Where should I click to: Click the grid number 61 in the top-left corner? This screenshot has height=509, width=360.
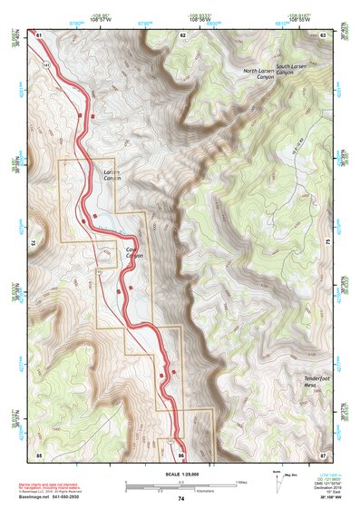click(x=39, y=34)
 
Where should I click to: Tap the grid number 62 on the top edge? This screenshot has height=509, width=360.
click(x=182, y=34)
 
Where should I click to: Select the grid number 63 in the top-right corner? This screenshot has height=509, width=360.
click(x=324, y=34)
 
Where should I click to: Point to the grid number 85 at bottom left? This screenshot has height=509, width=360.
click(x=39, y=453)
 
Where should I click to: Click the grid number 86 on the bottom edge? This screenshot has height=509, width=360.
click(x=181, y=453)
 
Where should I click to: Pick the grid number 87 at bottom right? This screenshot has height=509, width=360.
click(x=324, y=453)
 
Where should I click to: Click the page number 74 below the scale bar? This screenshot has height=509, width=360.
click(x=181, y=499)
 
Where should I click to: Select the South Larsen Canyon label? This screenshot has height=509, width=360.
click(x=296, y=70)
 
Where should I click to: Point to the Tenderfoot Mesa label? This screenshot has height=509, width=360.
click(x=319, y=381)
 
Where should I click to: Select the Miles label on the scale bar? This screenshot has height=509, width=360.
click(x=241, y=481)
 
